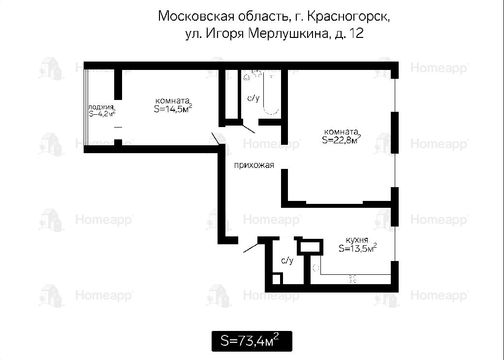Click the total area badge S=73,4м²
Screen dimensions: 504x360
pyautogui.click(x=252, y=341)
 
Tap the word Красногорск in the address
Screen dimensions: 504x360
pyautogui.click(x=348, y=16)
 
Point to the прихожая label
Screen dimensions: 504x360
pyautogui.click(x=254, y=165)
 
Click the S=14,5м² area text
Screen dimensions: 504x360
pyautogui.click(x=173, y=108)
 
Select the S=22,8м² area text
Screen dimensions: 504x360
pyautogui.click(x=341, y=139)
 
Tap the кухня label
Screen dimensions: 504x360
pyautogui.click(x=357, y=240)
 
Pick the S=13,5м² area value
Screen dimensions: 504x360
pyautogui.click(x=357, y=248)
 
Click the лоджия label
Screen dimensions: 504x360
pyautogui.click(x=101, y=107)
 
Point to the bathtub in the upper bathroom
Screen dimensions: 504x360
pyautogui.click(x=271, y=93)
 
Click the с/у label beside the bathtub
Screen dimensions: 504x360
pyautogui.click(x=253, y=98)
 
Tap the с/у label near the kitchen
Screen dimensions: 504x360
pyautogui.click(x=287, y=260)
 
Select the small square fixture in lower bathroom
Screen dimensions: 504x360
pyautogui.click(x=277, y=278)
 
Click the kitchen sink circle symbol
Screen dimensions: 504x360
pyautogui.click(x=315, y=267)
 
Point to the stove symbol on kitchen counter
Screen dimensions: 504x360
pyautogui.click(x=352, y=279)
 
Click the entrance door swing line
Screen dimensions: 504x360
pyautogui.click(x=251, y=247)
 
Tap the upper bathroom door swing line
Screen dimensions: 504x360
pyautogui.click(x=249, y=129)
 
